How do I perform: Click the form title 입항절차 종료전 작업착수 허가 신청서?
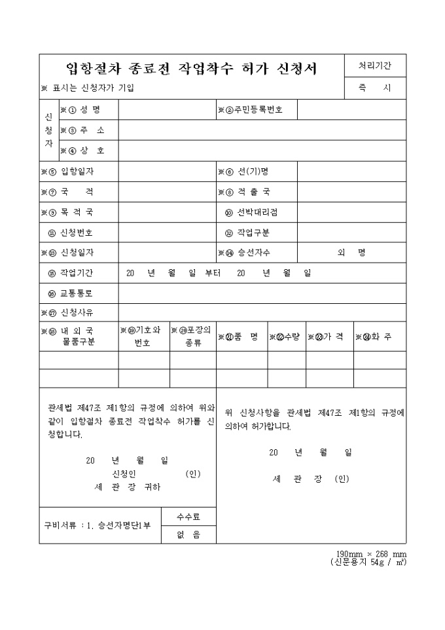[192, 69]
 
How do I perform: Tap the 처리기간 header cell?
[374, 65]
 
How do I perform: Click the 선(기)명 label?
[252, 172]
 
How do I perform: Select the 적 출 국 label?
[252, 192]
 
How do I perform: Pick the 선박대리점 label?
[257, 212]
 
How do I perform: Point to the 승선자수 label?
[253, 253]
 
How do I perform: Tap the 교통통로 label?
[77, 293]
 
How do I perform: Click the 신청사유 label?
[77, 312]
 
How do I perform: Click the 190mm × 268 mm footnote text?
[371, 554]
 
